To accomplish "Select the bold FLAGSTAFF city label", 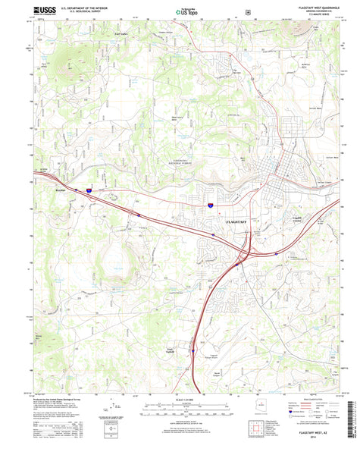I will [x=237, y=219].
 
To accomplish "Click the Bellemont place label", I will [x=61, y=190].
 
